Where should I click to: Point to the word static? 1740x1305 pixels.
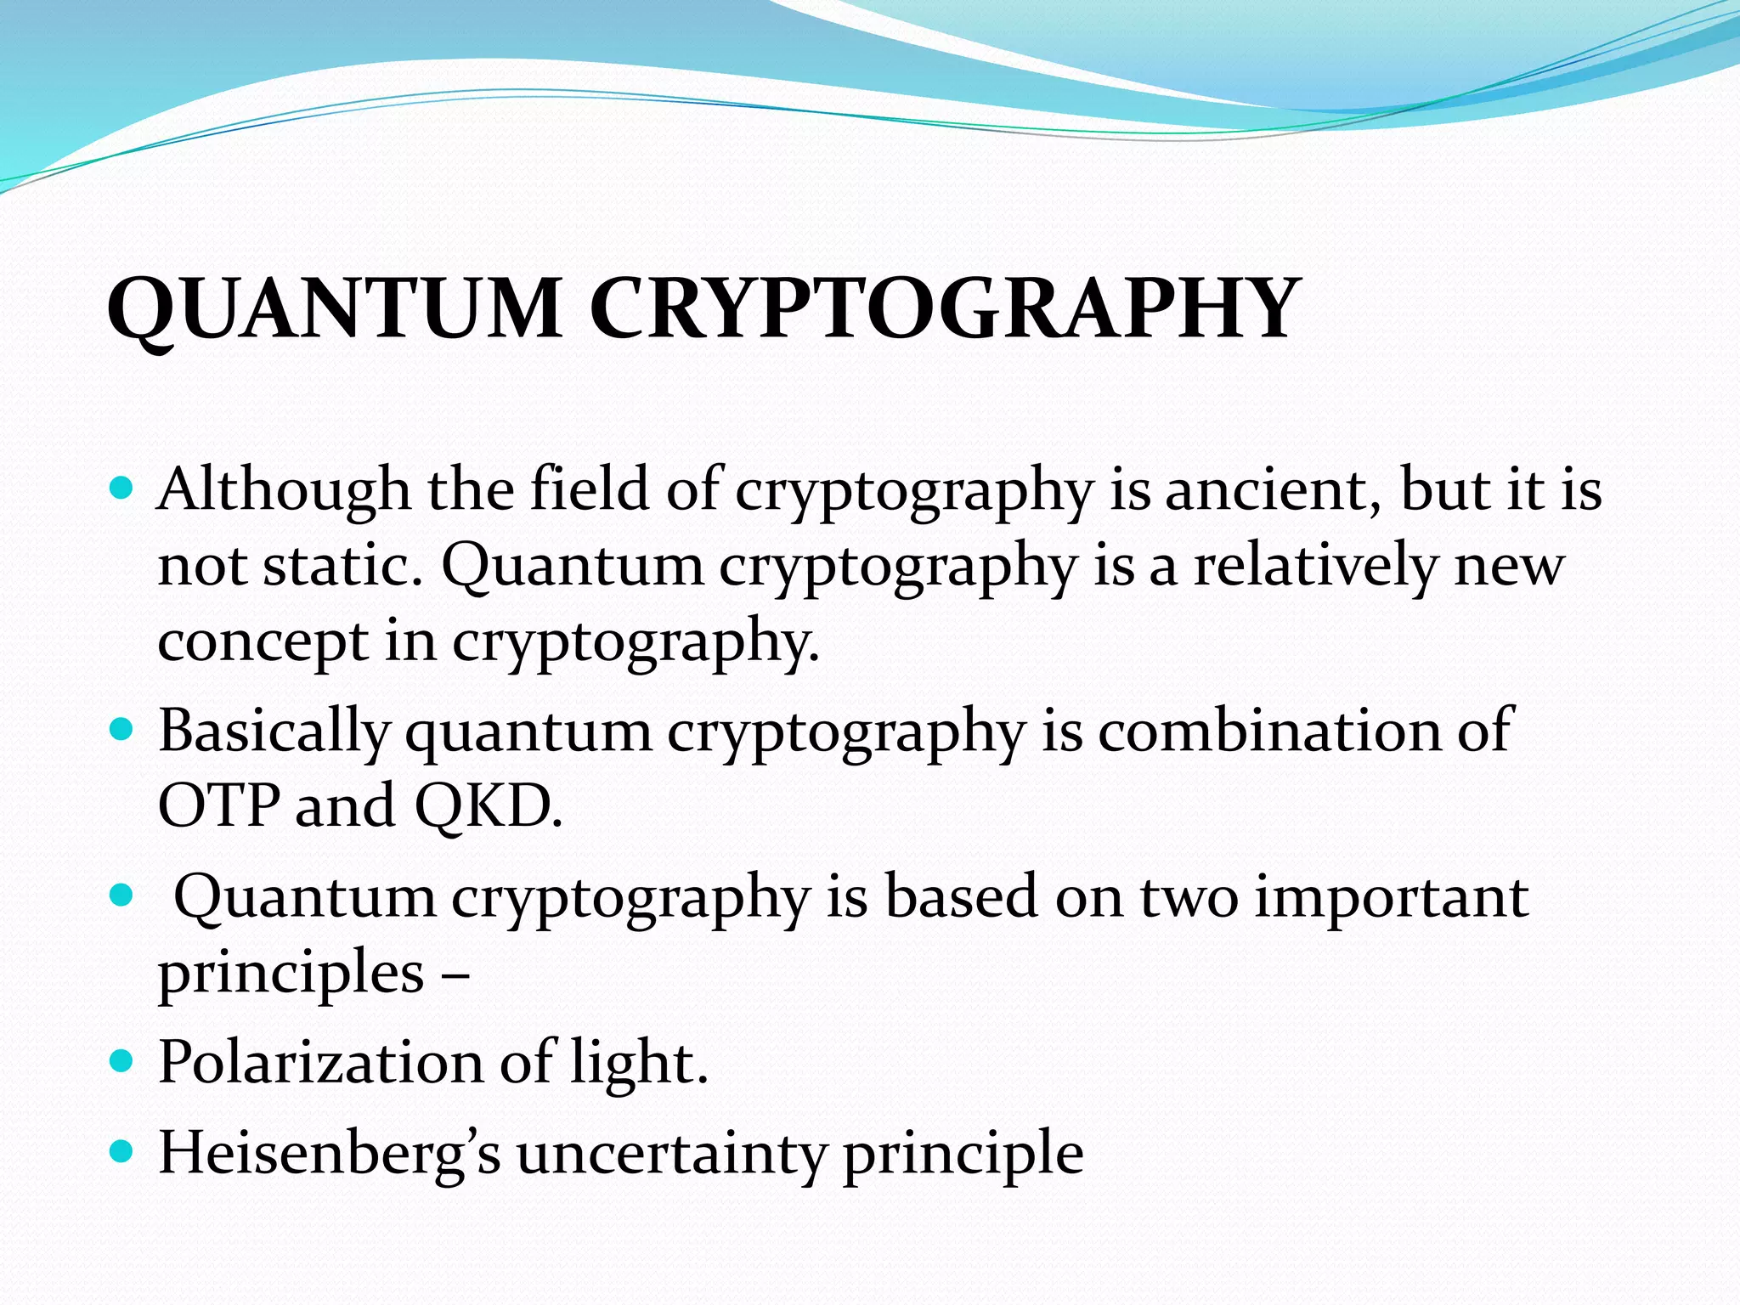pyautogui.click(x=342, y=565)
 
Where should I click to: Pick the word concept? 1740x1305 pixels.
pyautogui.click(x=263, y=641)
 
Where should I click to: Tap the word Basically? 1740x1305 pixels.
pyautogui.click(x=274, y=731)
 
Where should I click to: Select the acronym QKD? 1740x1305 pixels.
pyautogui.click(x=488, y=805)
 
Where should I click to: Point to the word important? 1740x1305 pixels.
pyautogui.click(x=1392, y=896)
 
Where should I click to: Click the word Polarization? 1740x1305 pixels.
pyautogui.click(x=319, y=1062)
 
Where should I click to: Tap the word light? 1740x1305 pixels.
pyautogui.click(x=638, y=1062)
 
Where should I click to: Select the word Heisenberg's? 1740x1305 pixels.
pyautogui.click(x=330, y=1154)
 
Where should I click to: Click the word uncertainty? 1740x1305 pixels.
pyautogui.click(x=671, y=1154)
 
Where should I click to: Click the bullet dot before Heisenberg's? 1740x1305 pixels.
pyautogui.click(x=122, y=1152)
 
